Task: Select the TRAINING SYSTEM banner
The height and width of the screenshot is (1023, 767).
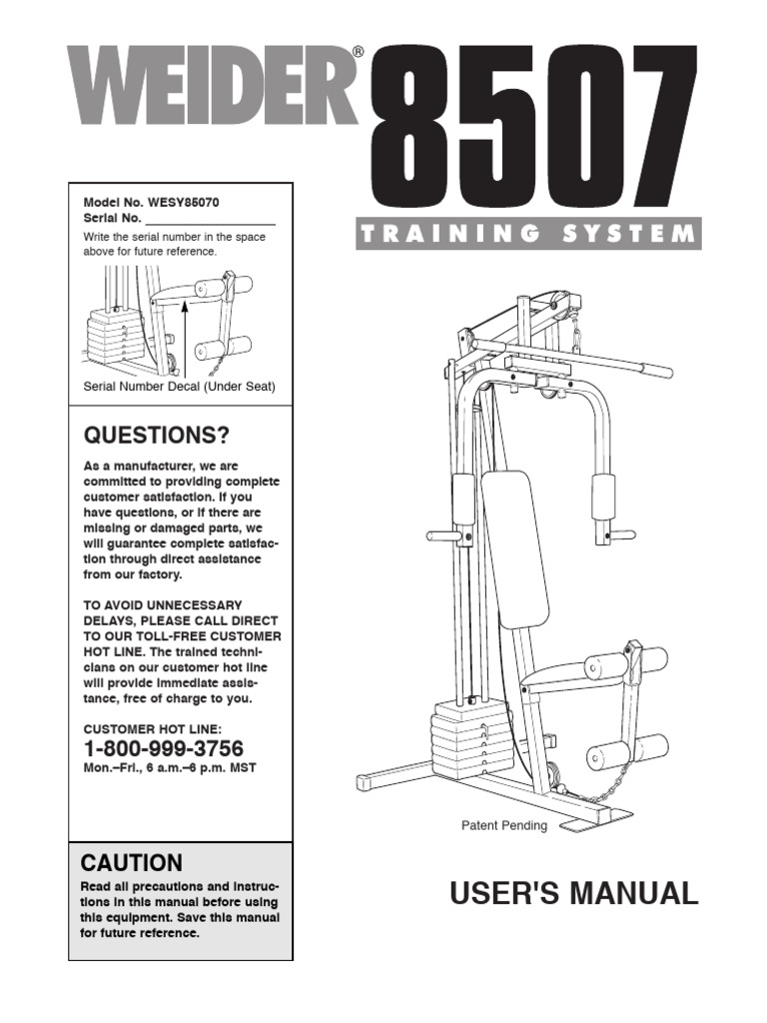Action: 527,235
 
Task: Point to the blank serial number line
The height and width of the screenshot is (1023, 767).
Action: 210,219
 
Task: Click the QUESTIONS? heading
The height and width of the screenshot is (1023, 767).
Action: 156,436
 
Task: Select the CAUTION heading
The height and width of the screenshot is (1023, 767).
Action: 132,863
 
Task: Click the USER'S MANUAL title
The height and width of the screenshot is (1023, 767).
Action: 574,893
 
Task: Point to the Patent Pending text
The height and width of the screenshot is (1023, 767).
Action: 503,826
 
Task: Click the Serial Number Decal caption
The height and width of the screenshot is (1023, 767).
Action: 179,386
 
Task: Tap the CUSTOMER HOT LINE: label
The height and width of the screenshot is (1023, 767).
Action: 152,729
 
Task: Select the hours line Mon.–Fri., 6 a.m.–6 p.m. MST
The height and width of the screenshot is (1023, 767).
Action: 163,767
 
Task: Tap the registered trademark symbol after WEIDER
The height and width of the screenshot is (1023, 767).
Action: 358,52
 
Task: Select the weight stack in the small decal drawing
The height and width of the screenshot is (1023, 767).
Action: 109,336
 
